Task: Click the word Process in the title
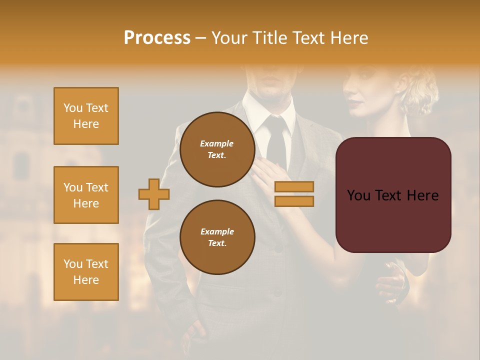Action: click(157, 38)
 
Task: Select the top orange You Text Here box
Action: click(86, 116)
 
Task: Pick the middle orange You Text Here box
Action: click(86, 195)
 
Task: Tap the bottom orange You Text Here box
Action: click(86, 272)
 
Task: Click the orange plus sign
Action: click(154, 194)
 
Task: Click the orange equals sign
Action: click(294, 194)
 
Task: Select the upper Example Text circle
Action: click(217, 149)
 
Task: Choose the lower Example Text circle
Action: click(217, 237)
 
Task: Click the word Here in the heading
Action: click(349, 38)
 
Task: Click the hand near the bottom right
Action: click(392, 282)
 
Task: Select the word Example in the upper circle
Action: click(217, 143)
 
